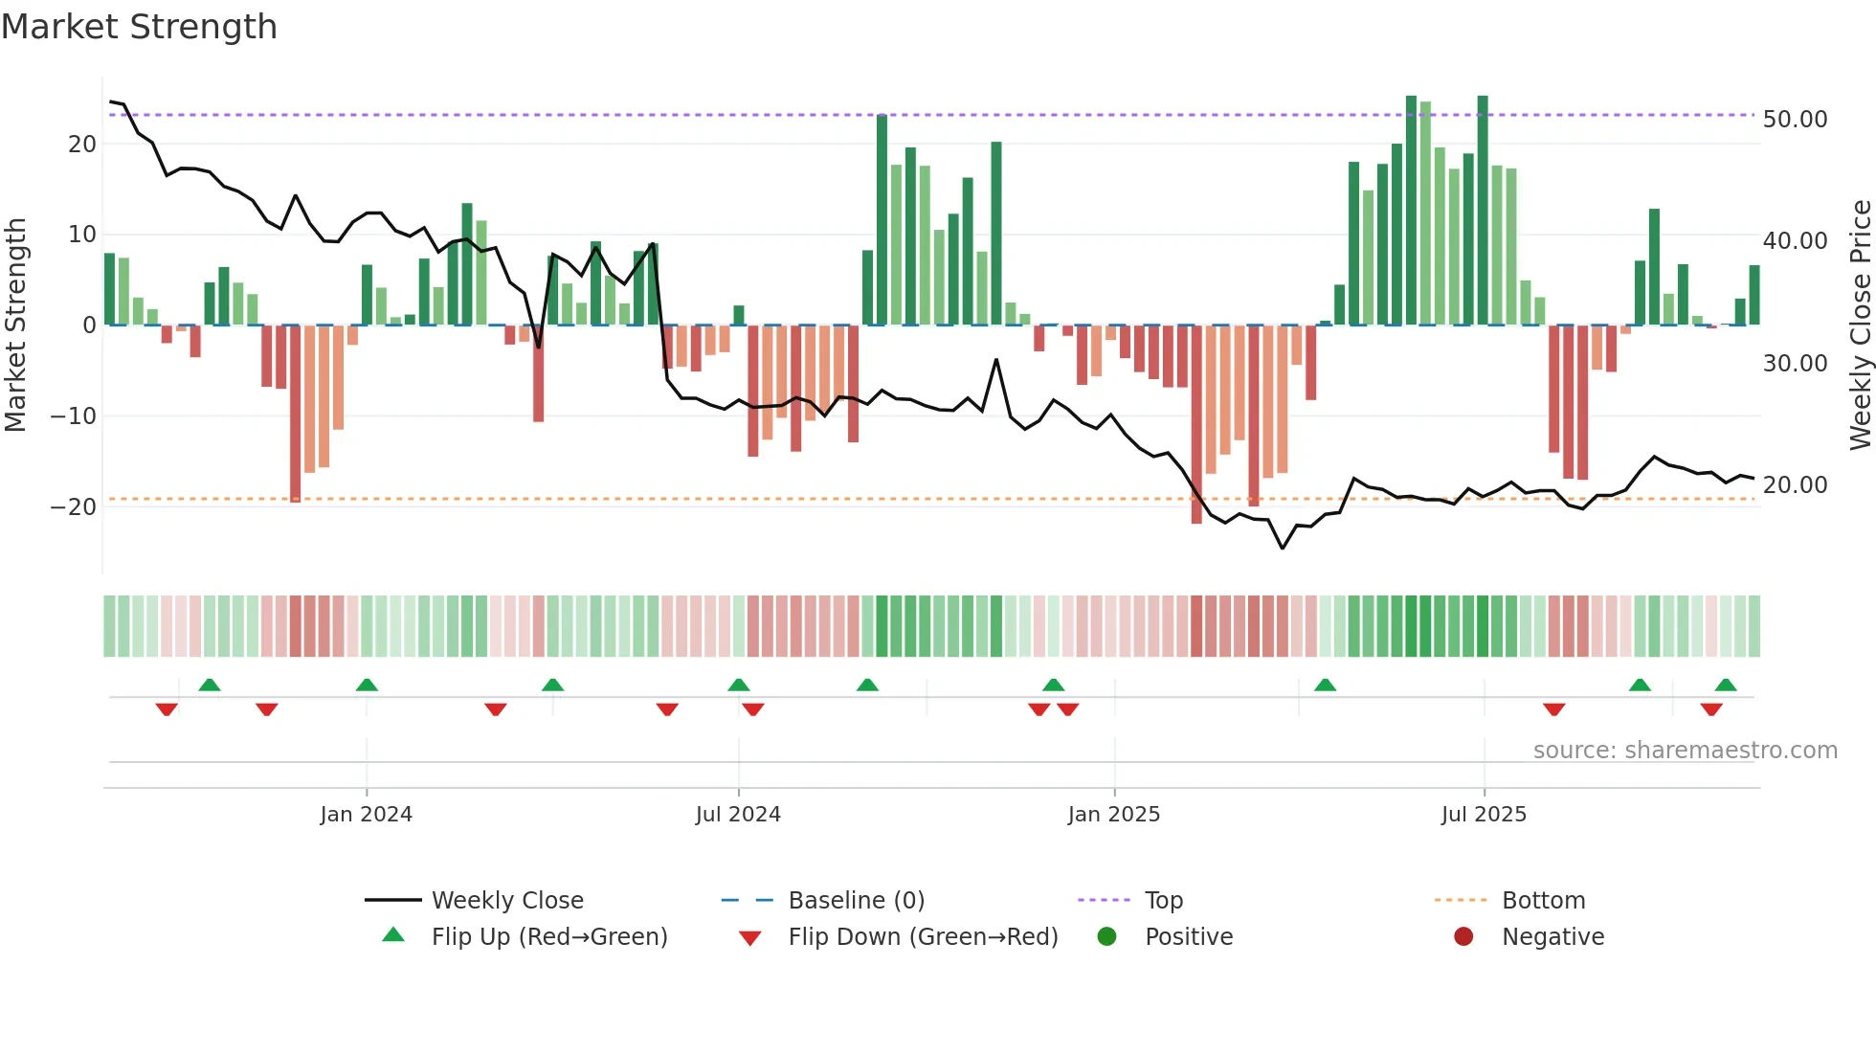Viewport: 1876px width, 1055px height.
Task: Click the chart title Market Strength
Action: pos(139,27)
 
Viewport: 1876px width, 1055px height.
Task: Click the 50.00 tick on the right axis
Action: pos(1795,120)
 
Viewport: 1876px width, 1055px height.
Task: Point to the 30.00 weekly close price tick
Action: pos(1795,364)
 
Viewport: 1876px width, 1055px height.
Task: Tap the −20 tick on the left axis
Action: pos(74,507)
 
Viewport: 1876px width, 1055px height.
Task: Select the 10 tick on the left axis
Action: pos(81,235)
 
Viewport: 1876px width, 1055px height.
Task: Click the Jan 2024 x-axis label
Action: pos(366,815)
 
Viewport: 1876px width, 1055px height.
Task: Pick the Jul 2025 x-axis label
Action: pos(1484,815)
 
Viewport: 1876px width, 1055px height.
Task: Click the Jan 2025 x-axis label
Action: pos(1113,815)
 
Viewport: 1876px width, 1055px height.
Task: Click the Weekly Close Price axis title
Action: pos(1860,325)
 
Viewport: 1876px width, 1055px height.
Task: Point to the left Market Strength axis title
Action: pos(15,325)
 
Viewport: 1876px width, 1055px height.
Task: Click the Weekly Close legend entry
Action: pos(506,901)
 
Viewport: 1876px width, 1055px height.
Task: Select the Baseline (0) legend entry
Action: pos(856,901)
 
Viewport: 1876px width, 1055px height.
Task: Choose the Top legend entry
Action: pos(1163,901)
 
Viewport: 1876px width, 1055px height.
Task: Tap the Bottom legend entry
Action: pos(1543,901)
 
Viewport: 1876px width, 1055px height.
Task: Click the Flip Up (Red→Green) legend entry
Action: pos(548,937)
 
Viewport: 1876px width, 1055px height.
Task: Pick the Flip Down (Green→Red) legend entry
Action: pos(923,937)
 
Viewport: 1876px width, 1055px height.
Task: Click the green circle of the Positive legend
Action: pos(1106,937)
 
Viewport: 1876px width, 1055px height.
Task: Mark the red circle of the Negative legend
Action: pos(1463,937)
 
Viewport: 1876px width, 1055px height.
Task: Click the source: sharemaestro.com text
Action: pos(1685,751)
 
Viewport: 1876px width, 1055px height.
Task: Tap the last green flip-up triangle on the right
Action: pos(1726,685)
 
